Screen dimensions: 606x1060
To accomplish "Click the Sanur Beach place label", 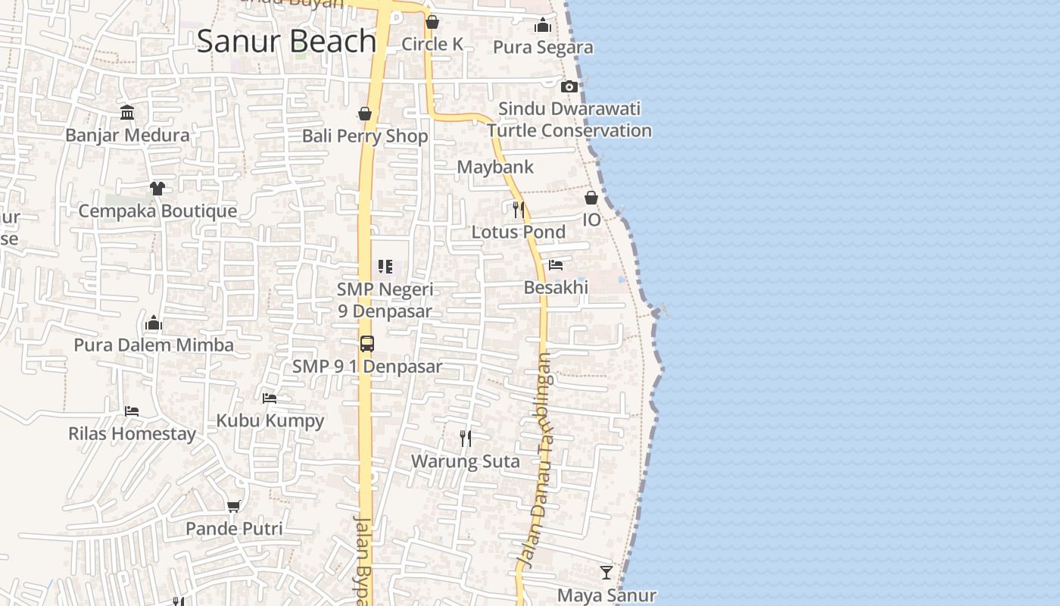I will (286, 41).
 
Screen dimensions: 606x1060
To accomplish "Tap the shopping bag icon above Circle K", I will (432, 22).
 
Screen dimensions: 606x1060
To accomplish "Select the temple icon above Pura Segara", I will (542, 26).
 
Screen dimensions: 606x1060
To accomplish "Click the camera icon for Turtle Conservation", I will (569, 87).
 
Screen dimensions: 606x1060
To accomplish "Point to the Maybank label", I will (495, 167).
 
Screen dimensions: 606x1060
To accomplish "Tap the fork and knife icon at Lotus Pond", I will (519, 209).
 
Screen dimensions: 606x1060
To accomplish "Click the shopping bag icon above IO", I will (591, 198).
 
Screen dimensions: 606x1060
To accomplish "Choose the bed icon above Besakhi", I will (556, 265).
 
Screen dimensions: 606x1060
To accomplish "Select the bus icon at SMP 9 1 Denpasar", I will (367, 344).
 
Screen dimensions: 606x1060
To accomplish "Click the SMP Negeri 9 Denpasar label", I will (385, 300).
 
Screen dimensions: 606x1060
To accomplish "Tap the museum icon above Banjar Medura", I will (127, 114).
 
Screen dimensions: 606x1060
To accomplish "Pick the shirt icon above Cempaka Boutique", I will (157, 188).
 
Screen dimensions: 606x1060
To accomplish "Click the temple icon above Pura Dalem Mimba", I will (154, 323).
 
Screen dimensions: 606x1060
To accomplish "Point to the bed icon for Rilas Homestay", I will (132, 411).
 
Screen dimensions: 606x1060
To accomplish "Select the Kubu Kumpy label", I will (270, 420).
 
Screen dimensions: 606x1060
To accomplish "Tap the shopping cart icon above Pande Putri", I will (234, 506).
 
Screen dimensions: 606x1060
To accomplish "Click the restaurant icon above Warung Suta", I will (466, 438).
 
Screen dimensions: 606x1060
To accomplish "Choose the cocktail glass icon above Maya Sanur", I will (606, 572).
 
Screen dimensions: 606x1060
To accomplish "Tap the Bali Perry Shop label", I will (365, 136).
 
